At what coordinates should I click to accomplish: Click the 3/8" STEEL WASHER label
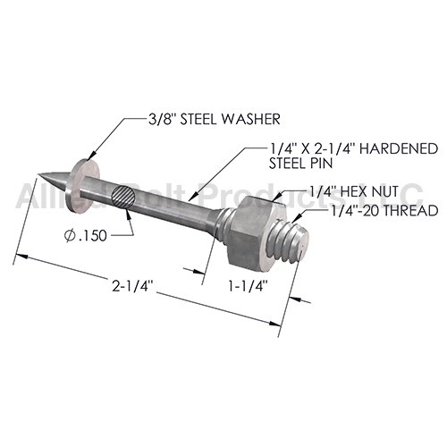click(x=215, y=120)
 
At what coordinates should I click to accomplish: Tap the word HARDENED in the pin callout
click(x=399, y=148)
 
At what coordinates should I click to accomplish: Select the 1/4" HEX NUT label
click(x=354, y=191)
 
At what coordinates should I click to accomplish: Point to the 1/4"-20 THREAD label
click(x=384, y=210)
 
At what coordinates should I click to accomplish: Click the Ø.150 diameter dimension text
click(x=86, y=236)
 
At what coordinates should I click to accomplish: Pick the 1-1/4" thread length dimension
click(x=247, y=287)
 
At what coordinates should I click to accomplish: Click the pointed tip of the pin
click(x=38, y=174)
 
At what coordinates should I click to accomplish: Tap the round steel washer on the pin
click(x=85, y=186)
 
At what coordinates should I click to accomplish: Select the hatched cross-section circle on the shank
click(x=123, y=196)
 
